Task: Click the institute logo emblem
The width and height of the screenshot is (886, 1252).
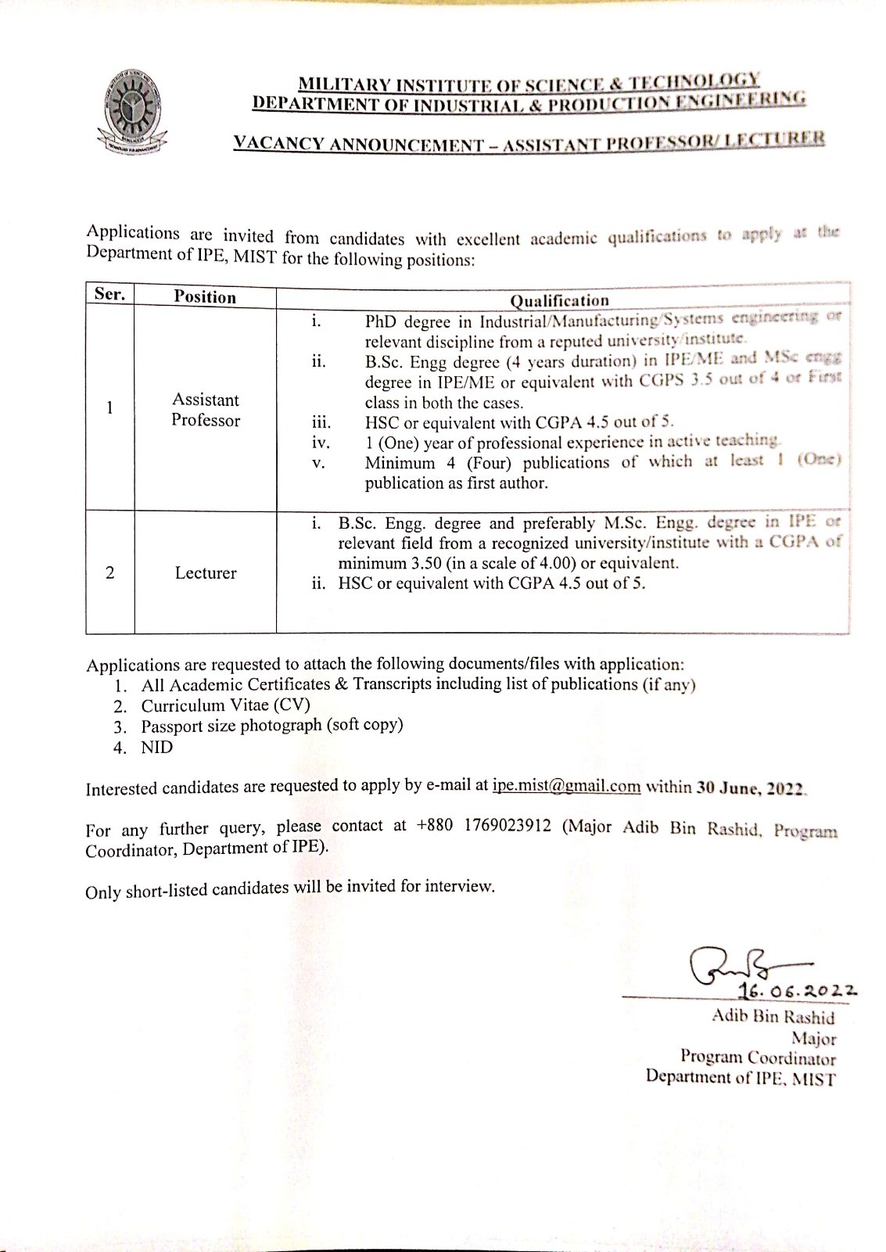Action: tap(132, 111)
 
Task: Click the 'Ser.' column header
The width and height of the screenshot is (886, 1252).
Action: tap(109, 294)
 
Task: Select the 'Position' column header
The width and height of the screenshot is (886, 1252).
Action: tap(205, 296)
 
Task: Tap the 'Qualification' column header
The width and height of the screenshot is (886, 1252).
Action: tap(559, 300)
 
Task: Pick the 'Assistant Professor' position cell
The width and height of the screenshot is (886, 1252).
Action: tap(206, 410)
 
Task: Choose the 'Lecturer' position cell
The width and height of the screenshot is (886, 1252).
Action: tap(206, 573)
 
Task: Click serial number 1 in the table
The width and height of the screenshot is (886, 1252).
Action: tap(109, 407)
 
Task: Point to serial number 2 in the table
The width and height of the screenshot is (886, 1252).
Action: tap(109, 573)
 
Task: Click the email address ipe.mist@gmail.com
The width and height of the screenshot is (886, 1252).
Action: tap(566, 786)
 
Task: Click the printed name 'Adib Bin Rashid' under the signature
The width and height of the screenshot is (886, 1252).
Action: tap(773, 1017)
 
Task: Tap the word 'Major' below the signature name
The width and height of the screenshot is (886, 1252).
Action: tap(813, 1039)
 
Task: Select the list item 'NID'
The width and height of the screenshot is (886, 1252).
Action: tap(157, 747)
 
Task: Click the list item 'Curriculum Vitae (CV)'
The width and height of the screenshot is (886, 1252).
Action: tap(225, 705)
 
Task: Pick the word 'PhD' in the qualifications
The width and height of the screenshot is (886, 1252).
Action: tap(381, 321)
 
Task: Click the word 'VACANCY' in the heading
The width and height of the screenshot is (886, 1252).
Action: tap(278, 144)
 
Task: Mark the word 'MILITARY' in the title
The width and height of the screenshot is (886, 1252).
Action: tap(345, 84)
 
